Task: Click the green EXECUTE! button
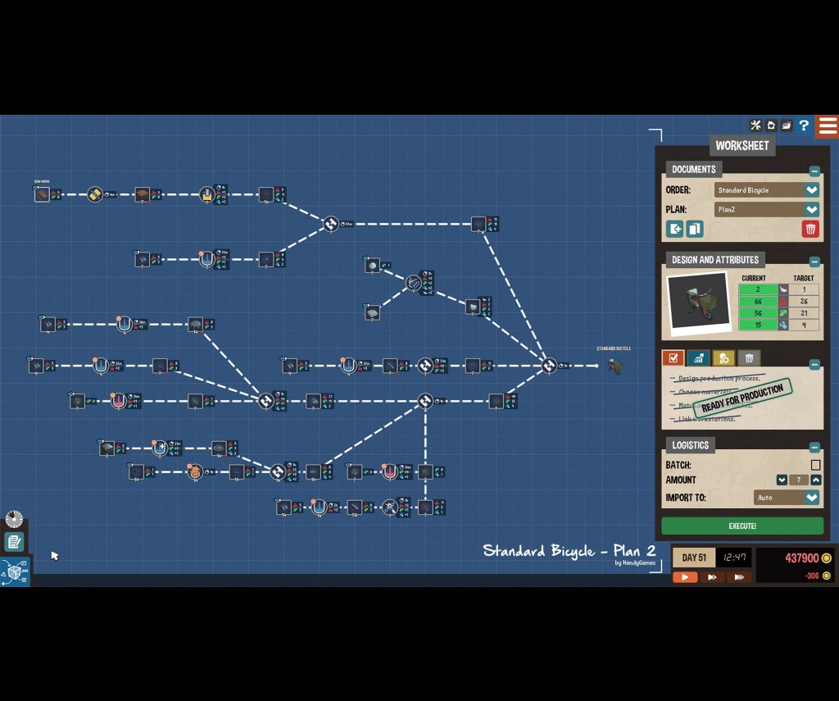point(741,526)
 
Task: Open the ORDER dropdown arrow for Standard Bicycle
point(811,190)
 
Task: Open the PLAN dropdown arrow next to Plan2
point(811,210)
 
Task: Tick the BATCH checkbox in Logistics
point(815,465)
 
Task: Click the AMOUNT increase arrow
point(815,480)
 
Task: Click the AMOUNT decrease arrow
point(782,480)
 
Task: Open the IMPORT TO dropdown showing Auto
point(811,498)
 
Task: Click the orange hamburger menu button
point(828,126)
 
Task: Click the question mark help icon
point(804,125)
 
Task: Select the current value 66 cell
point(758,302)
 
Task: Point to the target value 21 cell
point(804,313)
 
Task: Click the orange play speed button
point(685,577)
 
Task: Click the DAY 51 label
point(694,558)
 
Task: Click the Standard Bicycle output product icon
point(615,366)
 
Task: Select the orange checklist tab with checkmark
point(673,358)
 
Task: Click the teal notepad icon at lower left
point(14,542)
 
